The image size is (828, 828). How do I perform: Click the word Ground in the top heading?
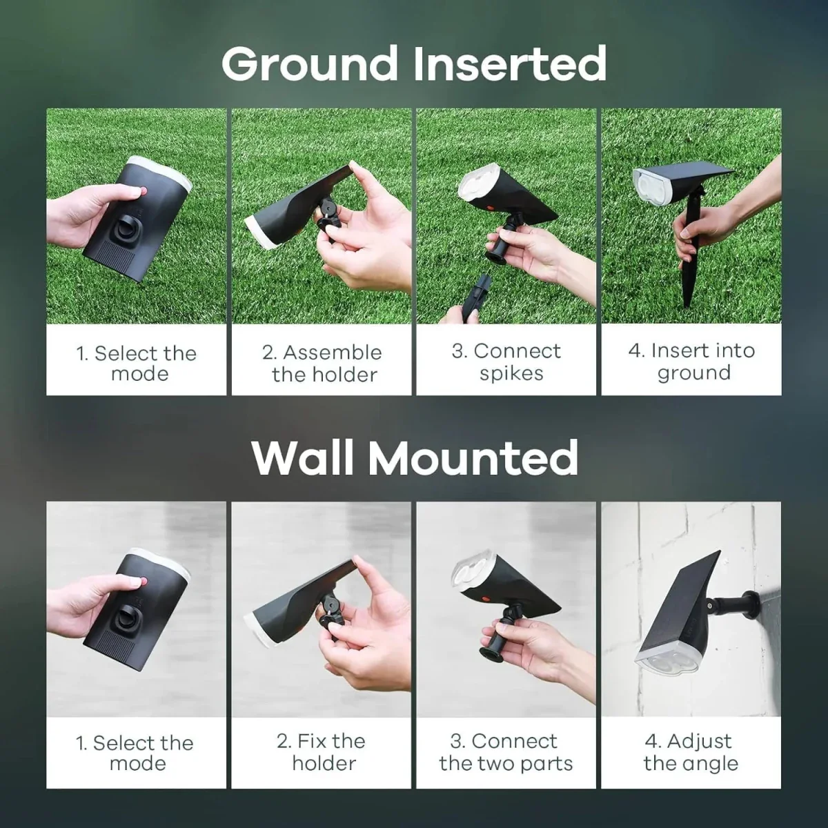pos(309,63)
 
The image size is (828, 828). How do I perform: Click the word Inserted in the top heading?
pos(510,63)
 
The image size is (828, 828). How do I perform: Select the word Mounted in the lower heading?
pos(473,457)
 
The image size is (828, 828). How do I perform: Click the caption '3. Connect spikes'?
pos(506,362)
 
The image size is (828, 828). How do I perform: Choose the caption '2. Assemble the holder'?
pos(322,363)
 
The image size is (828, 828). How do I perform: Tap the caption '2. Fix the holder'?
pos(322,752)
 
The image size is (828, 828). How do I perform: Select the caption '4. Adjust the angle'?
pos(691,752)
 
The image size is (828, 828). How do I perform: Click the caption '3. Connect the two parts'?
pos(506,752)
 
